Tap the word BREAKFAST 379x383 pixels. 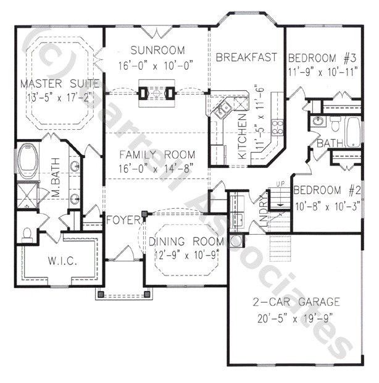[245, 57]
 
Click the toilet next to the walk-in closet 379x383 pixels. [27, 234]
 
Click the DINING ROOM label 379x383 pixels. [184, 242]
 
